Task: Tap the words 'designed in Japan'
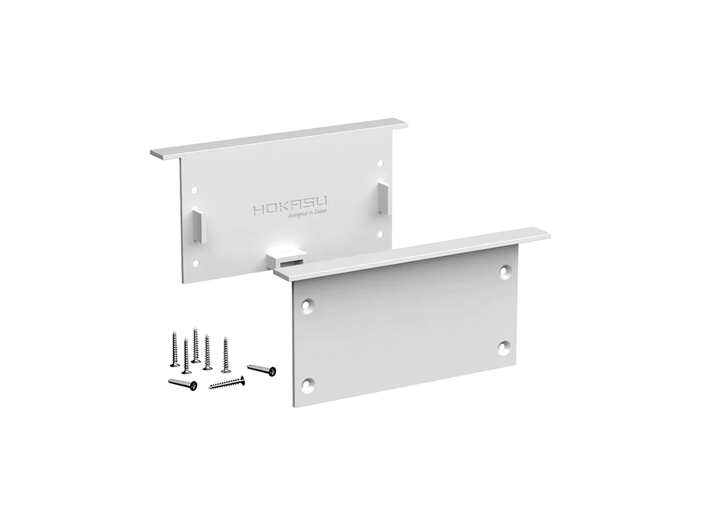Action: tap(308, 214)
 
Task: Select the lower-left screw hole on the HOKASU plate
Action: tap(196, 264)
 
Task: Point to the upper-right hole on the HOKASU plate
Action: tap(381, 163)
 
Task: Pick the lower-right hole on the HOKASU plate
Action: tap(380, 235)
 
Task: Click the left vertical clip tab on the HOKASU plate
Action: tap(199, 226)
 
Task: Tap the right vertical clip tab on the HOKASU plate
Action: tap(384, 197)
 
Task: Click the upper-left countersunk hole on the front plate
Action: tap(307, 306)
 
